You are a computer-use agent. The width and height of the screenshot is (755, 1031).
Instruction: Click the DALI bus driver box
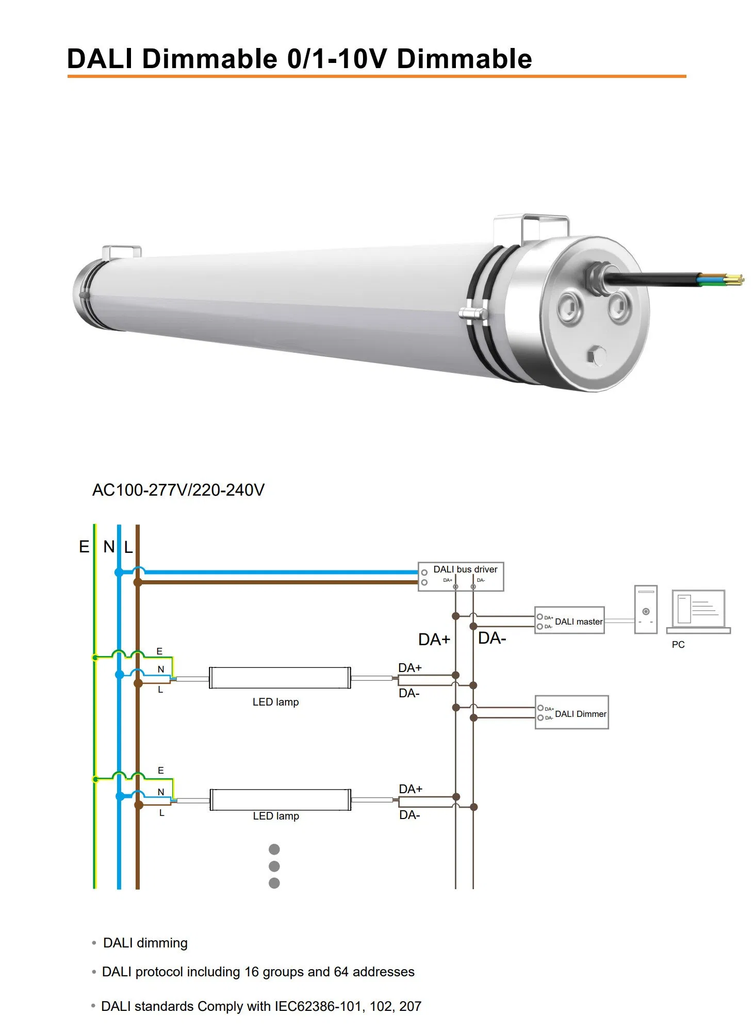tap(461, 577)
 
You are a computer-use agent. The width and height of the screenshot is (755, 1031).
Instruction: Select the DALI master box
tap(569, 620)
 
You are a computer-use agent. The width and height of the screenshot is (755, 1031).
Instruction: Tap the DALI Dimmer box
tap(572, 712)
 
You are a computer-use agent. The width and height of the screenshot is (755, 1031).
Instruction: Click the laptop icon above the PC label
tap(698, 612)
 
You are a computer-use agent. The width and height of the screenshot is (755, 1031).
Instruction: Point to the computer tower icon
tap(646, 610)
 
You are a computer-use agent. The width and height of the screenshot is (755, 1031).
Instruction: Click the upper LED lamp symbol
tap(280, 678)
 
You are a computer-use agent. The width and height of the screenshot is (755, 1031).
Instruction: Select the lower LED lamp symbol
tap(280, 799)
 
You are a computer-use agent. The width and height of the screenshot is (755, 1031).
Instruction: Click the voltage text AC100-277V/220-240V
tap(178, 490)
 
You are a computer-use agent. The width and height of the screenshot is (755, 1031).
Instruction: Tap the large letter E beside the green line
tap(84, 547)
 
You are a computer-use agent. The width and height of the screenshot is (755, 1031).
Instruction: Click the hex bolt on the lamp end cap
tap(596, 356)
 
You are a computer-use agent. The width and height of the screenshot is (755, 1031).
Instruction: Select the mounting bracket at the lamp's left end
tap(122, 252)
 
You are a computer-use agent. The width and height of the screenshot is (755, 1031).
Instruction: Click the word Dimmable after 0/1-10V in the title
tap(464, 58)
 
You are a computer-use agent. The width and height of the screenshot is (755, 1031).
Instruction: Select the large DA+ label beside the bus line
tap(434, 640)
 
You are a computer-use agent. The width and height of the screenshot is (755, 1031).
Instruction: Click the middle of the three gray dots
tap(274, 866)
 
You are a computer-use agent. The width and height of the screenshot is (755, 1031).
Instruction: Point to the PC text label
tap(678, 645)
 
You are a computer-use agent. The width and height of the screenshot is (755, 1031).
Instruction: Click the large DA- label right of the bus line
tap(492, 639)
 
